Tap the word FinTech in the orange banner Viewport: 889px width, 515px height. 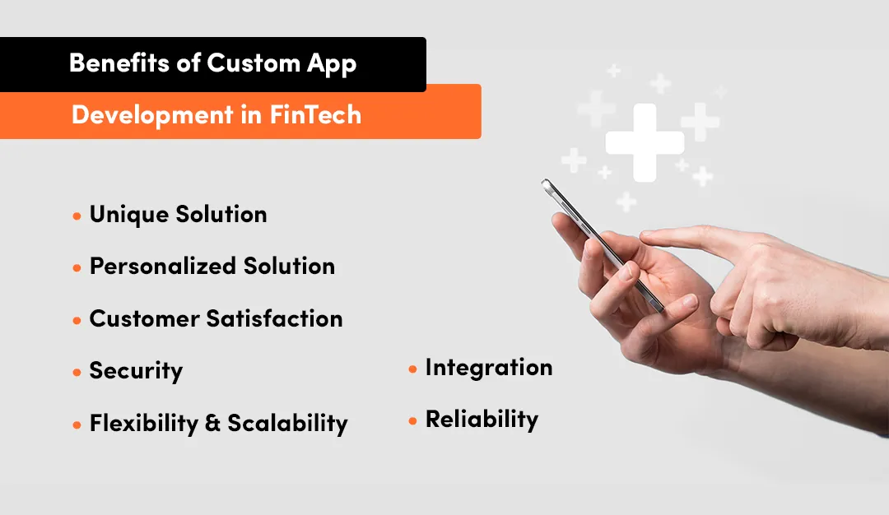click(x=315, y=114)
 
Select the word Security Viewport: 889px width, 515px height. click(x=136, y=372)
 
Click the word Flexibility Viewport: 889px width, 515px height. click(x=143, y=424)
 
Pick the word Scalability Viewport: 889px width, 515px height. click(x=287, y=424)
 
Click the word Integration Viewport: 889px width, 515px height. click(x=489, y=368)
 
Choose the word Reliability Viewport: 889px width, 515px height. click(x=482, y=420)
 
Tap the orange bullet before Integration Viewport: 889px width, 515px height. click(x=413, y=369)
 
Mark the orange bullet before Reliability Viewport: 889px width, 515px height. click(x=413, y=421)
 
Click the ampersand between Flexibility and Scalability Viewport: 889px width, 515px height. click(x=212, y=425)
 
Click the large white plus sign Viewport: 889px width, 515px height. click(x=645, y=142)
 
